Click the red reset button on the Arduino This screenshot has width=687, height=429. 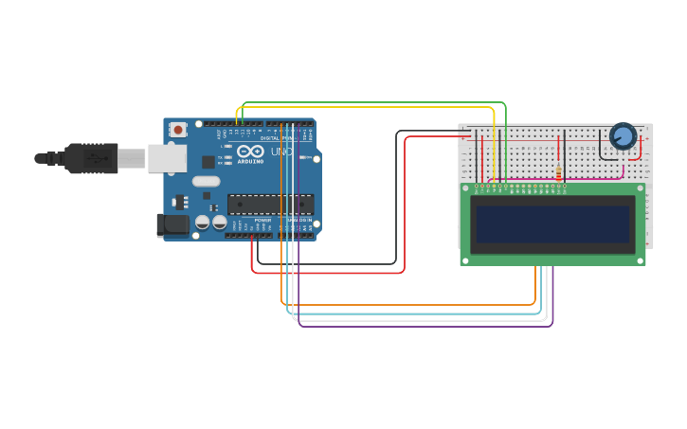pos(178,129)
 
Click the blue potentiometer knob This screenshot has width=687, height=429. pos(623,136)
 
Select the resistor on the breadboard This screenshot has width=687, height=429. pos(558,171)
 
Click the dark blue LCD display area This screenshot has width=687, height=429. pos(552,224)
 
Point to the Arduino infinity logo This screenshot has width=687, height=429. pos(250,152)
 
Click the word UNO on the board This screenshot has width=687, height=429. pos(281,152)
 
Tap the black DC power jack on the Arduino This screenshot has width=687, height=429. pos(172,223)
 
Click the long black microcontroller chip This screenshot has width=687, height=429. pos(270,204)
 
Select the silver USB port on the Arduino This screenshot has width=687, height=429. pos(167,158)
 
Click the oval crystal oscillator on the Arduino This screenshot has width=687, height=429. pos(206,181)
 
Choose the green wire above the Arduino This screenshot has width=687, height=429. pos(379,102)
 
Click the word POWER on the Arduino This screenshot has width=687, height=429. pos(262,220)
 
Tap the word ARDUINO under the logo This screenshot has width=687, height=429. pos(250,161)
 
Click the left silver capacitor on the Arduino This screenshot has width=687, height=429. pos(203,223)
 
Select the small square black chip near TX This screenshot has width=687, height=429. pos(208,162)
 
